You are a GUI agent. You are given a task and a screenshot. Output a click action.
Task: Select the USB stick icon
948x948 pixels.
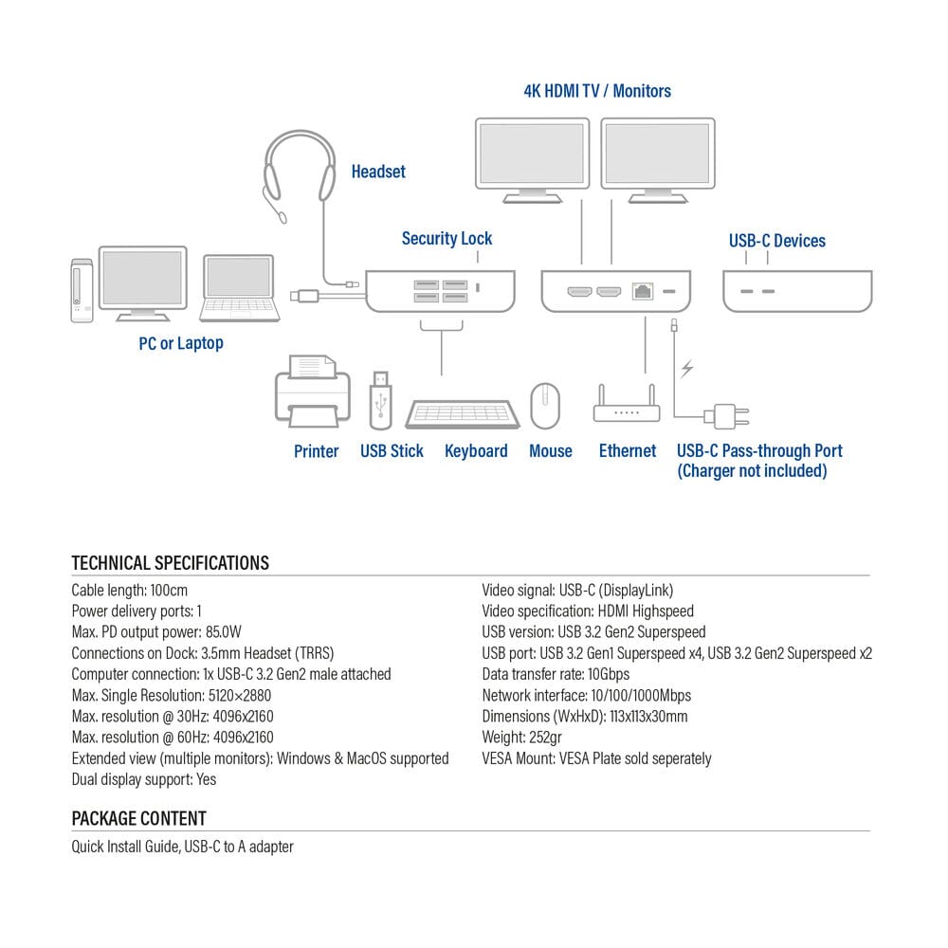381,397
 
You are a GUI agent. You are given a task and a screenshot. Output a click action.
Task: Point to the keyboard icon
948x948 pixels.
463,414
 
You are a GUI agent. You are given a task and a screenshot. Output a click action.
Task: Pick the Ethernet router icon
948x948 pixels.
627,406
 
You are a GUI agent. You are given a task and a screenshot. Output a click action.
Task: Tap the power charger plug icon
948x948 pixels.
727,415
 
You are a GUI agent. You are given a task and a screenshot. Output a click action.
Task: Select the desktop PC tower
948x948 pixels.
82,290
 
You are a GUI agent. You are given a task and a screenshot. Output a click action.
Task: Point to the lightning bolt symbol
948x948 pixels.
687,369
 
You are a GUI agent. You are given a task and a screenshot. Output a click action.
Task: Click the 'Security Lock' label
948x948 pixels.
447,239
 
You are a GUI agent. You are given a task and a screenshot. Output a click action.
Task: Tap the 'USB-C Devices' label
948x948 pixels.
776,241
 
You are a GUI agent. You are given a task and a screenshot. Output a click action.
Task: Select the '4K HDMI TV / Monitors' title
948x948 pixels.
597,91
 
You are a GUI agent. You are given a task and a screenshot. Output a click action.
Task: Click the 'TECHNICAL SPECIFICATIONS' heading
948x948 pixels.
171,563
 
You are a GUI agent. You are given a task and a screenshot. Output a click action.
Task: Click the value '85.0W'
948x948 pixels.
224,632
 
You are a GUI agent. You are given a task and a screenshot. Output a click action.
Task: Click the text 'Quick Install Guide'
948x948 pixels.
124,847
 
